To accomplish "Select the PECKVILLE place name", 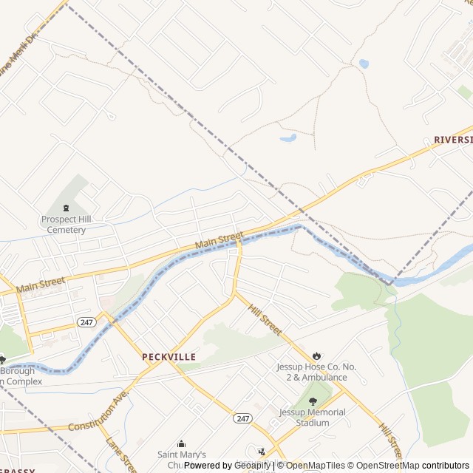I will click(169, 356).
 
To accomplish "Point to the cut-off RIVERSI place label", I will click(452, 139).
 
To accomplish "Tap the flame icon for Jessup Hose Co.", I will click(317, 355).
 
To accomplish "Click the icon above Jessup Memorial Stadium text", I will click(313, 401).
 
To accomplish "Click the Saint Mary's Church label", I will click(181, 459).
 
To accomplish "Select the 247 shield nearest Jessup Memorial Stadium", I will click(243, 418).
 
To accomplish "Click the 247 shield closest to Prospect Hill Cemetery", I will click(86, 322).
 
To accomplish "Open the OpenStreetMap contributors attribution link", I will click(423, 466).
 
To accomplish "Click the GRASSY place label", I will click(16, 471).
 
